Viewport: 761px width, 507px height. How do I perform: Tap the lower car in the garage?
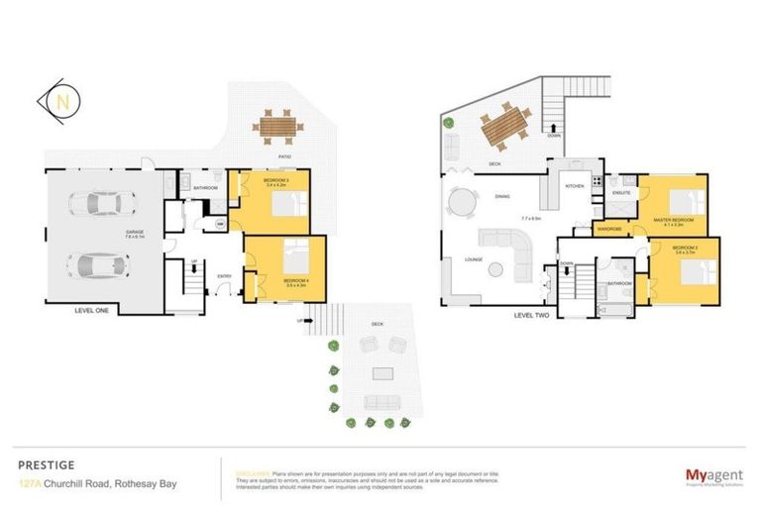[x=99, y=266]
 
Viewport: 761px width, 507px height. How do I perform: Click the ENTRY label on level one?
[x=225, y=276]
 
